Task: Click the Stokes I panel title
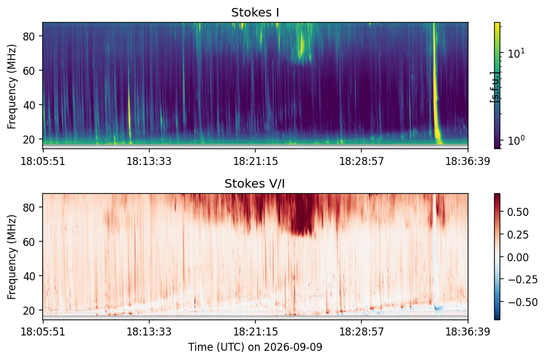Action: (x=255, y=12)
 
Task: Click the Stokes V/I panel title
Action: (x=255, y=183)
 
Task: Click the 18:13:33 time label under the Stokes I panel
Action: (x=149, y=161)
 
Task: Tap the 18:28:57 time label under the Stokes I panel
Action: (x=362, y=161)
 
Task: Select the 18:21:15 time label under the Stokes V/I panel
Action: (x=256, y=332)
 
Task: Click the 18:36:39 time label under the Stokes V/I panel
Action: (x=468, y=332)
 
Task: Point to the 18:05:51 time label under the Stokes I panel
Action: (x=43, y=161)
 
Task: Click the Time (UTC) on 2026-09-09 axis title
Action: (x=256, y=347)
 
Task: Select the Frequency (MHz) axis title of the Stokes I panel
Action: (x=12, y=86)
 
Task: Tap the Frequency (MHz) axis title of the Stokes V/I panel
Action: (x=12, y=257)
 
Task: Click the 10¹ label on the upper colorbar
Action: (x=516, y=53)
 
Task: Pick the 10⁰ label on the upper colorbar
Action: (x=516, y=140)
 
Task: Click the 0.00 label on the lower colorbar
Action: (x=518, y=258)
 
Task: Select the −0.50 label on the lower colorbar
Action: (x=522, y=302)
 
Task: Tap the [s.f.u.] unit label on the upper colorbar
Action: (x=494, y=87)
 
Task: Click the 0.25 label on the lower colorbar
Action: (x=518, y=235)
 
